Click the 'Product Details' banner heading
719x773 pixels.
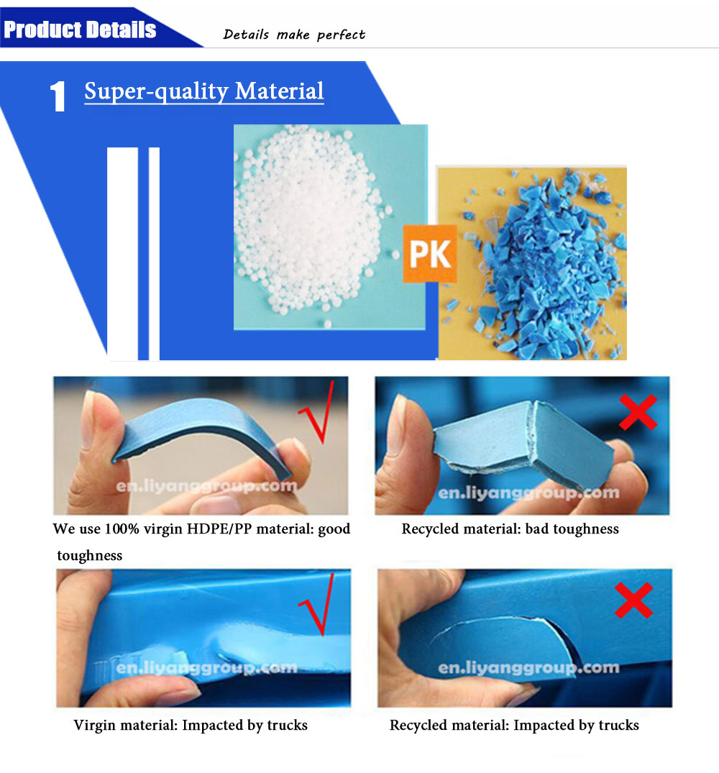80,29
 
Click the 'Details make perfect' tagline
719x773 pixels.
294,35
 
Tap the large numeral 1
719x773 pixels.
58,96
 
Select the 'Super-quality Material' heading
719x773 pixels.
204,91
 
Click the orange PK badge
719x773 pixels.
430,253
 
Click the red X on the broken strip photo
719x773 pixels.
638,411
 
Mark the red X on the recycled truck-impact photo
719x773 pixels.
633,600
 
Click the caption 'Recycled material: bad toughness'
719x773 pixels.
510,529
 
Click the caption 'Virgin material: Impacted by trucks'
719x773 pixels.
191,725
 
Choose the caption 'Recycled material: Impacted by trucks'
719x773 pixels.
514,725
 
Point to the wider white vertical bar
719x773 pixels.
123,253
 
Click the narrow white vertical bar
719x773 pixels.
155,253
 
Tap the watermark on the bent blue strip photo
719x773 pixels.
207,487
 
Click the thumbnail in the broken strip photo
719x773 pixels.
397,424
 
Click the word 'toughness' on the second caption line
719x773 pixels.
90,556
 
